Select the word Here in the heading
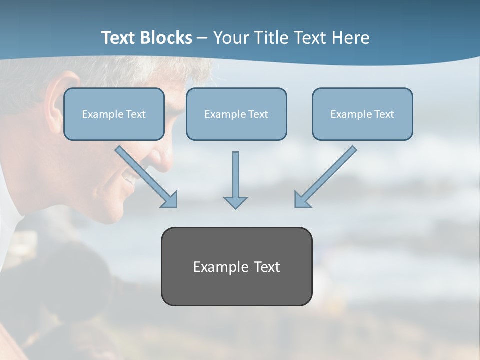[x=350, y=38]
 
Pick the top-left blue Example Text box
[x=114, y=114]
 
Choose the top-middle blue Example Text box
[x=236, y=114]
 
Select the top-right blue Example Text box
[x=362, y=114]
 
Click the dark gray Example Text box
[x=236, y=267]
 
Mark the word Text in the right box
[x=384, y=114]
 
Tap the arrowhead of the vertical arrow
[x=235, y=202]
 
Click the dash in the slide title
[x=202, y=38]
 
